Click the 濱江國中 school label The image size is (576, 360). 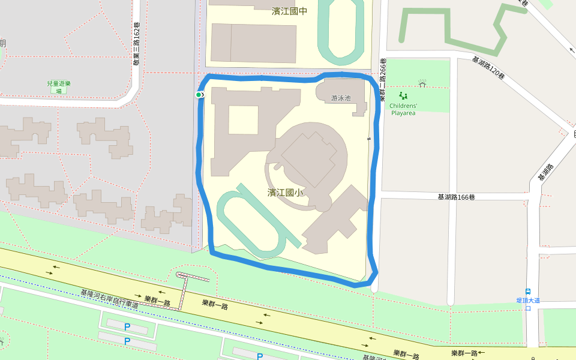coord(289,11)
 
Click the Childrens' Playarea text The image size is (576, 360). coord(403,109)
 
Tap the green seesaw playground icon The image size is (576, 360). coord(403,95)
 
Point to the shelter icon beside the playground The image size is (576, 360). coord(422,83)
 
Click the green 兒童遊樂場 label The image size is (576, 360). coord(58,88)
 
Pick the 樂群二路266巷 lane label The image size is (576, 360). coord(383,78)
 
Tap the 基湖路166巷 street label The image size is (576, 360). coord(456,197)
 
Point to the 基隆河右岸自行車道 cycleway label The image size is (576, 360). coord(110,299)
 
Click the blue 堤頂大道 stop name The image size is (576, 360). coord(528,300)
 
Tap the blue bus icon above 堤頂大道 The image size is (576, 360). coord(528,292)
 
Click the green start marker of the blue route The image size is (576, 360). coord(199,95)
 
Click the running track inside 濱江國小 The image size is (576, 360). coord(258,221)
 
